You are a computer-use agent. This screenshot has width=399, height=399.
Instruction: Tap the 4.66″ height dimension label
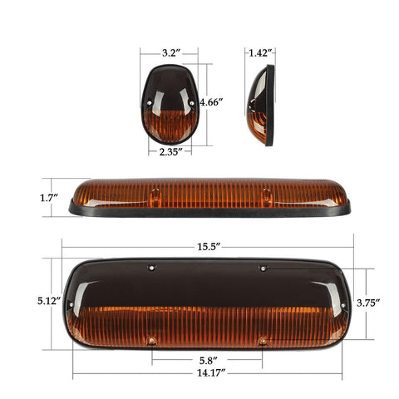coord(212,103)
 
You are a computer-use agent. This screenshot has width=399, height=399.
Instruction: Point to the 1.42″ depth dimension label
coord(259,52)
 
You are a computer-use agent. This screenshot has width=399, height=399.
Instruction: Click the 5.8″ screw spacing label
coord(208,361)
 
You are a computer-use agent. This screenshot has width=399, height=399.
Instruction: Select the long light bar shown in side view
coord(208,198)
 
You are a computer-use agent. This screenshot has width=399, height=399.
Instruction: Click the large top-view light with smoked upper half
coord(208,303)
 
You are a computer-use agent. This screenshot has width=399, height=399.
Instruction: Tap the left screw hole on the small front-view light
coord(151,104)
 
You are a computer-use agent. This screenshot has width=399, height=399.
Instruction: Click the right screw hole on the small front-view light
coord(192,102)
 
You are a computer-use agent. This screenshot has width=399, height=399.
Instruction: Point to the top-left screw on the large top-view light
coord(152,268)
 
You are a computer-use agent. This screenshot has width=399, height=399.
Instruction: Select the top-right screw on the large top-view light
coord(261,268)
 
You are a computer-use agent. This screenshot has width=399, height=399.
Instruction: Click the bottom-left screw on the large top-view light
coord(152,340)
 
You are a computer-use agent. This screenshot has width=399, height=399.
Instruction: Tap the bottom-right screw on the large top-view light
coord(262,340)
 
